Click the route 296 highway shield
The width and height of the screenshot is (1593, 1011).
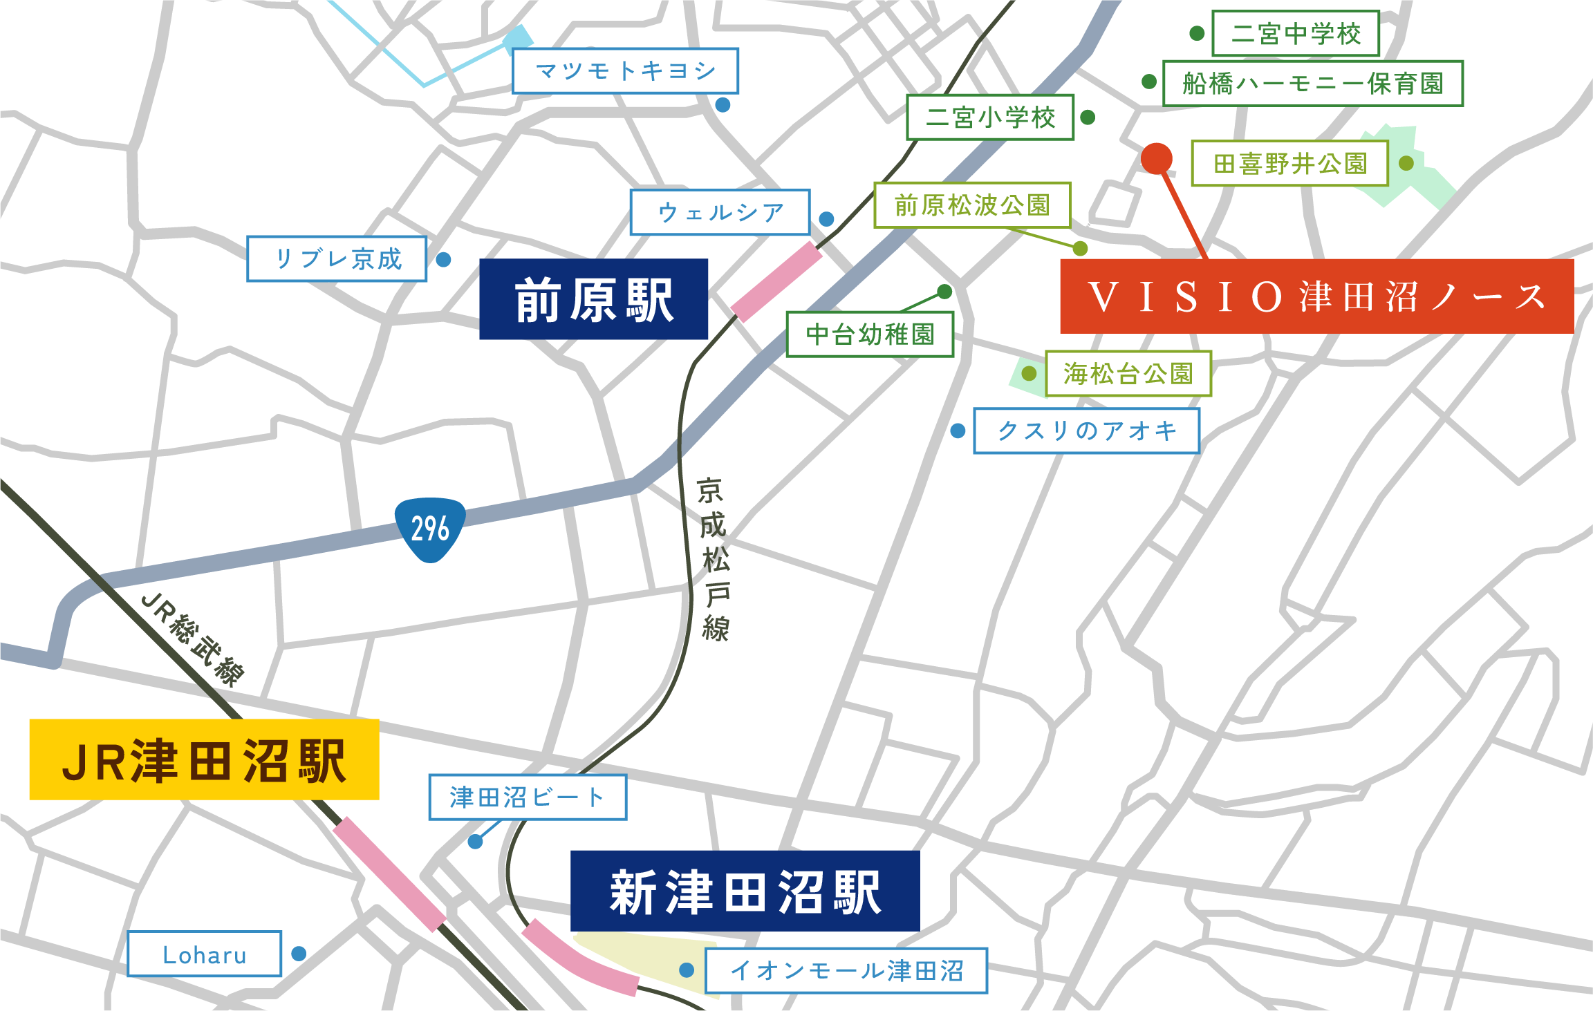pyautogui.click(x=430, y=529)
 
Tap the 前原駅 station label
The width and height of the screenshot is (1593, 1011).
pyautogui.click(x=594, y=299)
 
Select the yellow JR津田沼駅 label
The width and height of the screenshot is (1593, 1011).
pyautogui.click(x=204, y=759)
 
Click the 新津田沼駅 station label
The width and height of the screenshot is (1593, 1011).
pyautogui.click(x=745, y=891)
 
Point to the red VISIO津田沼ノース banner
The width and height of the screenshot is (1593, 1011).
pyautogui.click(x=1316, y=296)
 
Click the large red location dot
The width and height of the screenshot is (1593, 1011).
pyautogui.click(x=1157, y=158)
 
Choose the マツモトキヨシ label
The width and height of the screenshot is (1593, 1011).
pyautogui.click(x=625, y=70)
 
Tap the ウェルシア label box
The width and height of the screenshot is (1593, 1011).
pyautogui.click(x=720, y=212)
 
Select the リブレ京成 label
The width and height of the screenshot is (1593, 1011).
pyautogui.click(x=337, y=259)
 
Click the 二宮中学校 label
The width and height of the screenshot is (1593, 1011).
pyautogui.click(x=1296, y=33)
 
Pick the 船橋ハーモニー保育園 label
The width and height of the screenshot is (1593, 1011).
pyautogui.click(x=1312, y=84)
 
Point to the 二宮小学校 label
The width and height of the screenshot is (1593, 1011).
pyautogui.click(x=990, y=117)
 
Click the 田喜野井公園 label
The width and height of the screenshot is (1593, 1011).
pyautogui.click(x=1289, y=164)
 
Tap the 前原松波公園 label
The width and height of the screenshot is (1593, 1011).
pyautogui.click(x=972, y=205)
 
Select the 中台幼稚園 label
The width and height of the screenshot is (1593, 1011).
pyautogui.click(x=870, y=334)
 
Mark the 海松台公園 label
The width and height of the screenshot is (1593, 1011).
pyautogui.click(x=1128, y=374)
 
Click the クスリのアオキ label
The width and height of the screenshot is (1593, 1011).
pyautogui.click(x=1086, y=431)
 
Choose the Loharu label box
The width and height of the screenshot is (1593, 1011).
pyautogui.click(x=205, y=954)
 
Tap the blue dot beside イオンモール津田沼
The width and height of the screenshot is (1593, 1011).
pyautogui.click(x=687, y=970)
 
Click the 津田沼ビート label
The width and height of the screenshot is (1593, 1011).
pyautogui.click(x=528, y=797)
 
